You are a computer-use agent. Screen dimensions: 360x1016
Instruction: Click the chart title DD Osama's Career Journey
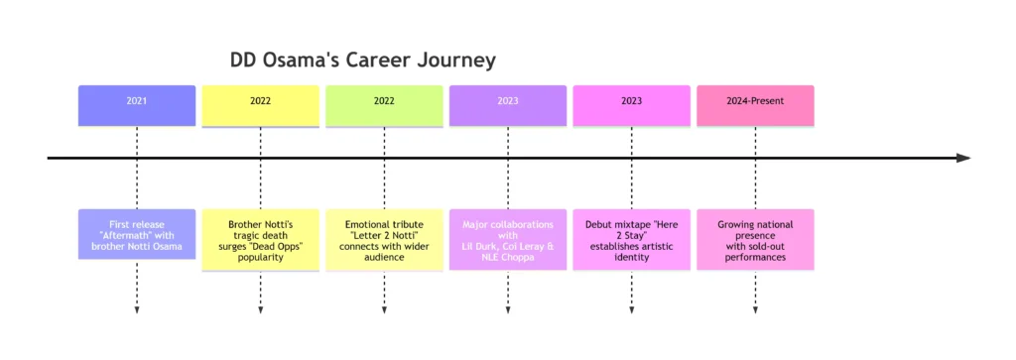[x=362, y=61]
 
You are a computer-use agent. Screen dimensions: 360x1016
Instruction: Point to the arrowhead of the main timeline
[x=963, y=159]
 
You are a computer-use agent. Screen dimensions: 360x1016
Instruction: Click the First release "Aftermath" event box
[x=137, y=235]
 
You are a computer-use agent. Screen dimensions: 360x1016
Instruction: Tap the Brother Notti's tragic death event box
[x=260, y=240]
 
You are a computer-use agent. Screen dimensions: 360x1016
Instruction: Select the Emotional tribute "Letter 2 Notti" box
[x=384, y=240]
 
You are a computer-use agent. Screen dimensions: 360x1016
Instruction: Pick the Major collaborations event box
[x=508, y=240]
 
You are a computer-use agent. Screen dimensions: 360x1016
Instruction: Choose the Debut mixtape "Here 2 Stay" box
[x=632, y=240]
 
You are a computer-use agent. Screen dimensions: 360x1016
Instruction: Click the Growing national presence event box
[x=755, y=240]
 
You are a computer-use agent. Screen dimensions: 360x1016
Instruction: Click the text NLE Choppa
[x=508, y=257]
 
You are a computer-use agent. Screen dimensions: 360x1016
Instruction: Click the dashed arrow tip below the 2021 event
[x=137, y=310]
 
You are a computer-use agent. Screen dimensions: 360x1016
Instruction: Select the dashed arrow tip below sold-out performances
[x=755, y=310]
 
